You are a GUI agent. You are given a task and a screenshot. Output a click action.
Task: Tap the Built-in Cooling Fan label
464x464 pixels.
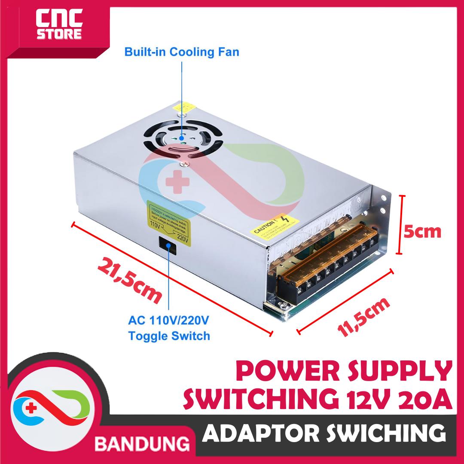pyautogui.click(x=181, y=52)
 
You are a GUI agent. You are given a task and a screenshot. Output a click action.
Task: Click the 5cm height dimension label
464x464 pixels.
pyautogui.click(x=422, y=232)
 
